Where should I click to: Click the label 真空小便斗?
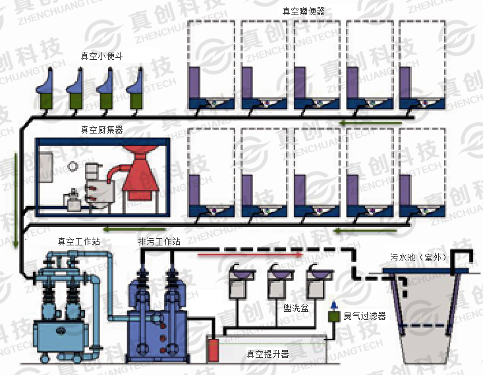click(x=101, y=55)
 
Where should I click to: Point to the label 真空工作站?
click(x=78, y=241)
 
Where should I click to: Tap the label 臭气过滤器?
click(x=364, y=316)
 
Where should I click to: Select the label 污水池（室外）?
click(x=418, y=257)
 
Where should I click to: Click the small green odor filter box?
click(x=334, y=316)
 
